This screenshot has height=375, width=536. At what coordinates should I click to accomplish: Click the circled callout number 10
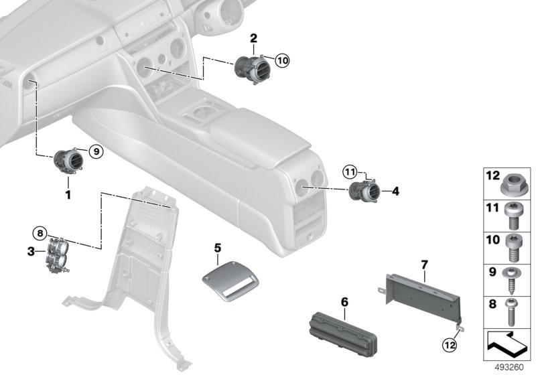click(x=282, y=61)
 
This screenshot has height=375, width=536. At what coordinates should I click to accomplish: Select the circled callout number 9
click(x=96, y=151)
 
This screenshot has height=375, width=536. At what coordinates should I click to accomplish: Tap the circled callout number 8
click(x=40, y=234)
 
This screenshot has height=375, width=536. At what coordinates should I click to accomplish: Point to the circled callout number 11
click(x=350, y=172)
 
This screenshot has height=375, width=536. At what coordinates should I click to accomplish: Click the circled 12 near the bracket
click(x=450, y=346)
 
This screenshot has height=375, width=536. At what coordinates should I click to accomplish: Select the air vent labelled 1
click(x=69, y=161)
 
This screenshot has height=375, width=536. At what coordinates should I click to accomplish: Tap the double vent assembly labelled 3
click(x=58, y=254)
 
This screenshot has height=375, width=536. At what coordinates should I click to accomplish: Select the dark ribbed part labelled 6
click(x=343, y=333)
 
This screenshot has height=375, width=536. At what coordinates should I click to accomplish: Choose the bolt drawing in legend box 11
click(x=512, y=216)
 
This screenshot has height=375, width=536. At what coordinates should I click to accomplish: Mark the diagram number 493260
click(x=509, y=368)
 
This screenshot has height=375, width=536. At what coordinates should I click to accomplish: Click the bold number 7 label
click(x=424, y=265)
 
